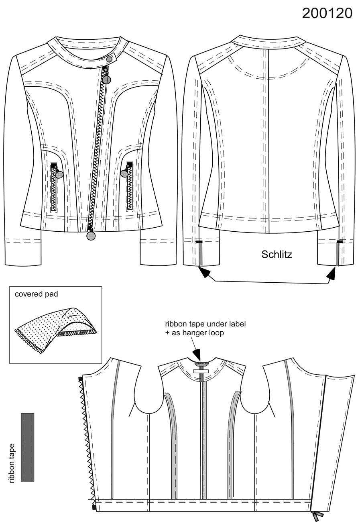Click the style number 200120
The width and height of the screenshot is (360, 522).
click(x=327, y=13)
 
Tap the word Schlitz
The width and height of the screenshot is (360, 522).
click(x=277, y=254)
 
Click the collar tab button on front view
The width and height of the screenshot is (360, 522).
click(x=109, y=59)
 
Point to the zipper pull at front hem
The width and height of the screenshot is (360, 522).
click(x=91, y=236)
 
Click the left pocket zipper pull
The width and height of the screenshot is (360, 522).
click(x=59, y=174)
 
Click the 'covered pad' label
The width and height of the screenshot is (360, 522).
click(x=37, y=294)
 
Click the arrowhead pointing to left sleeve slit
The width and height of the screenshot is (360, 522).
click(x=205, y=272)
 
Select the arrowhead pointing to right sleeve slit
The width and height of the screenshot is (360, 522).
click(x=332, y=273)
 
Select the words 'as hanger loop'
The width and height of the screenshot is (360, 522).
click(x=198, y=333)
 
